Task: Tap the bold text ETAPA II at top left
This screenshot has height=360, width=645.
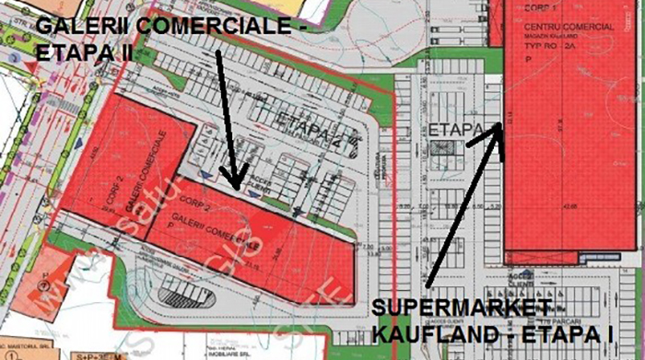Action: (x=83, y=52)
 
